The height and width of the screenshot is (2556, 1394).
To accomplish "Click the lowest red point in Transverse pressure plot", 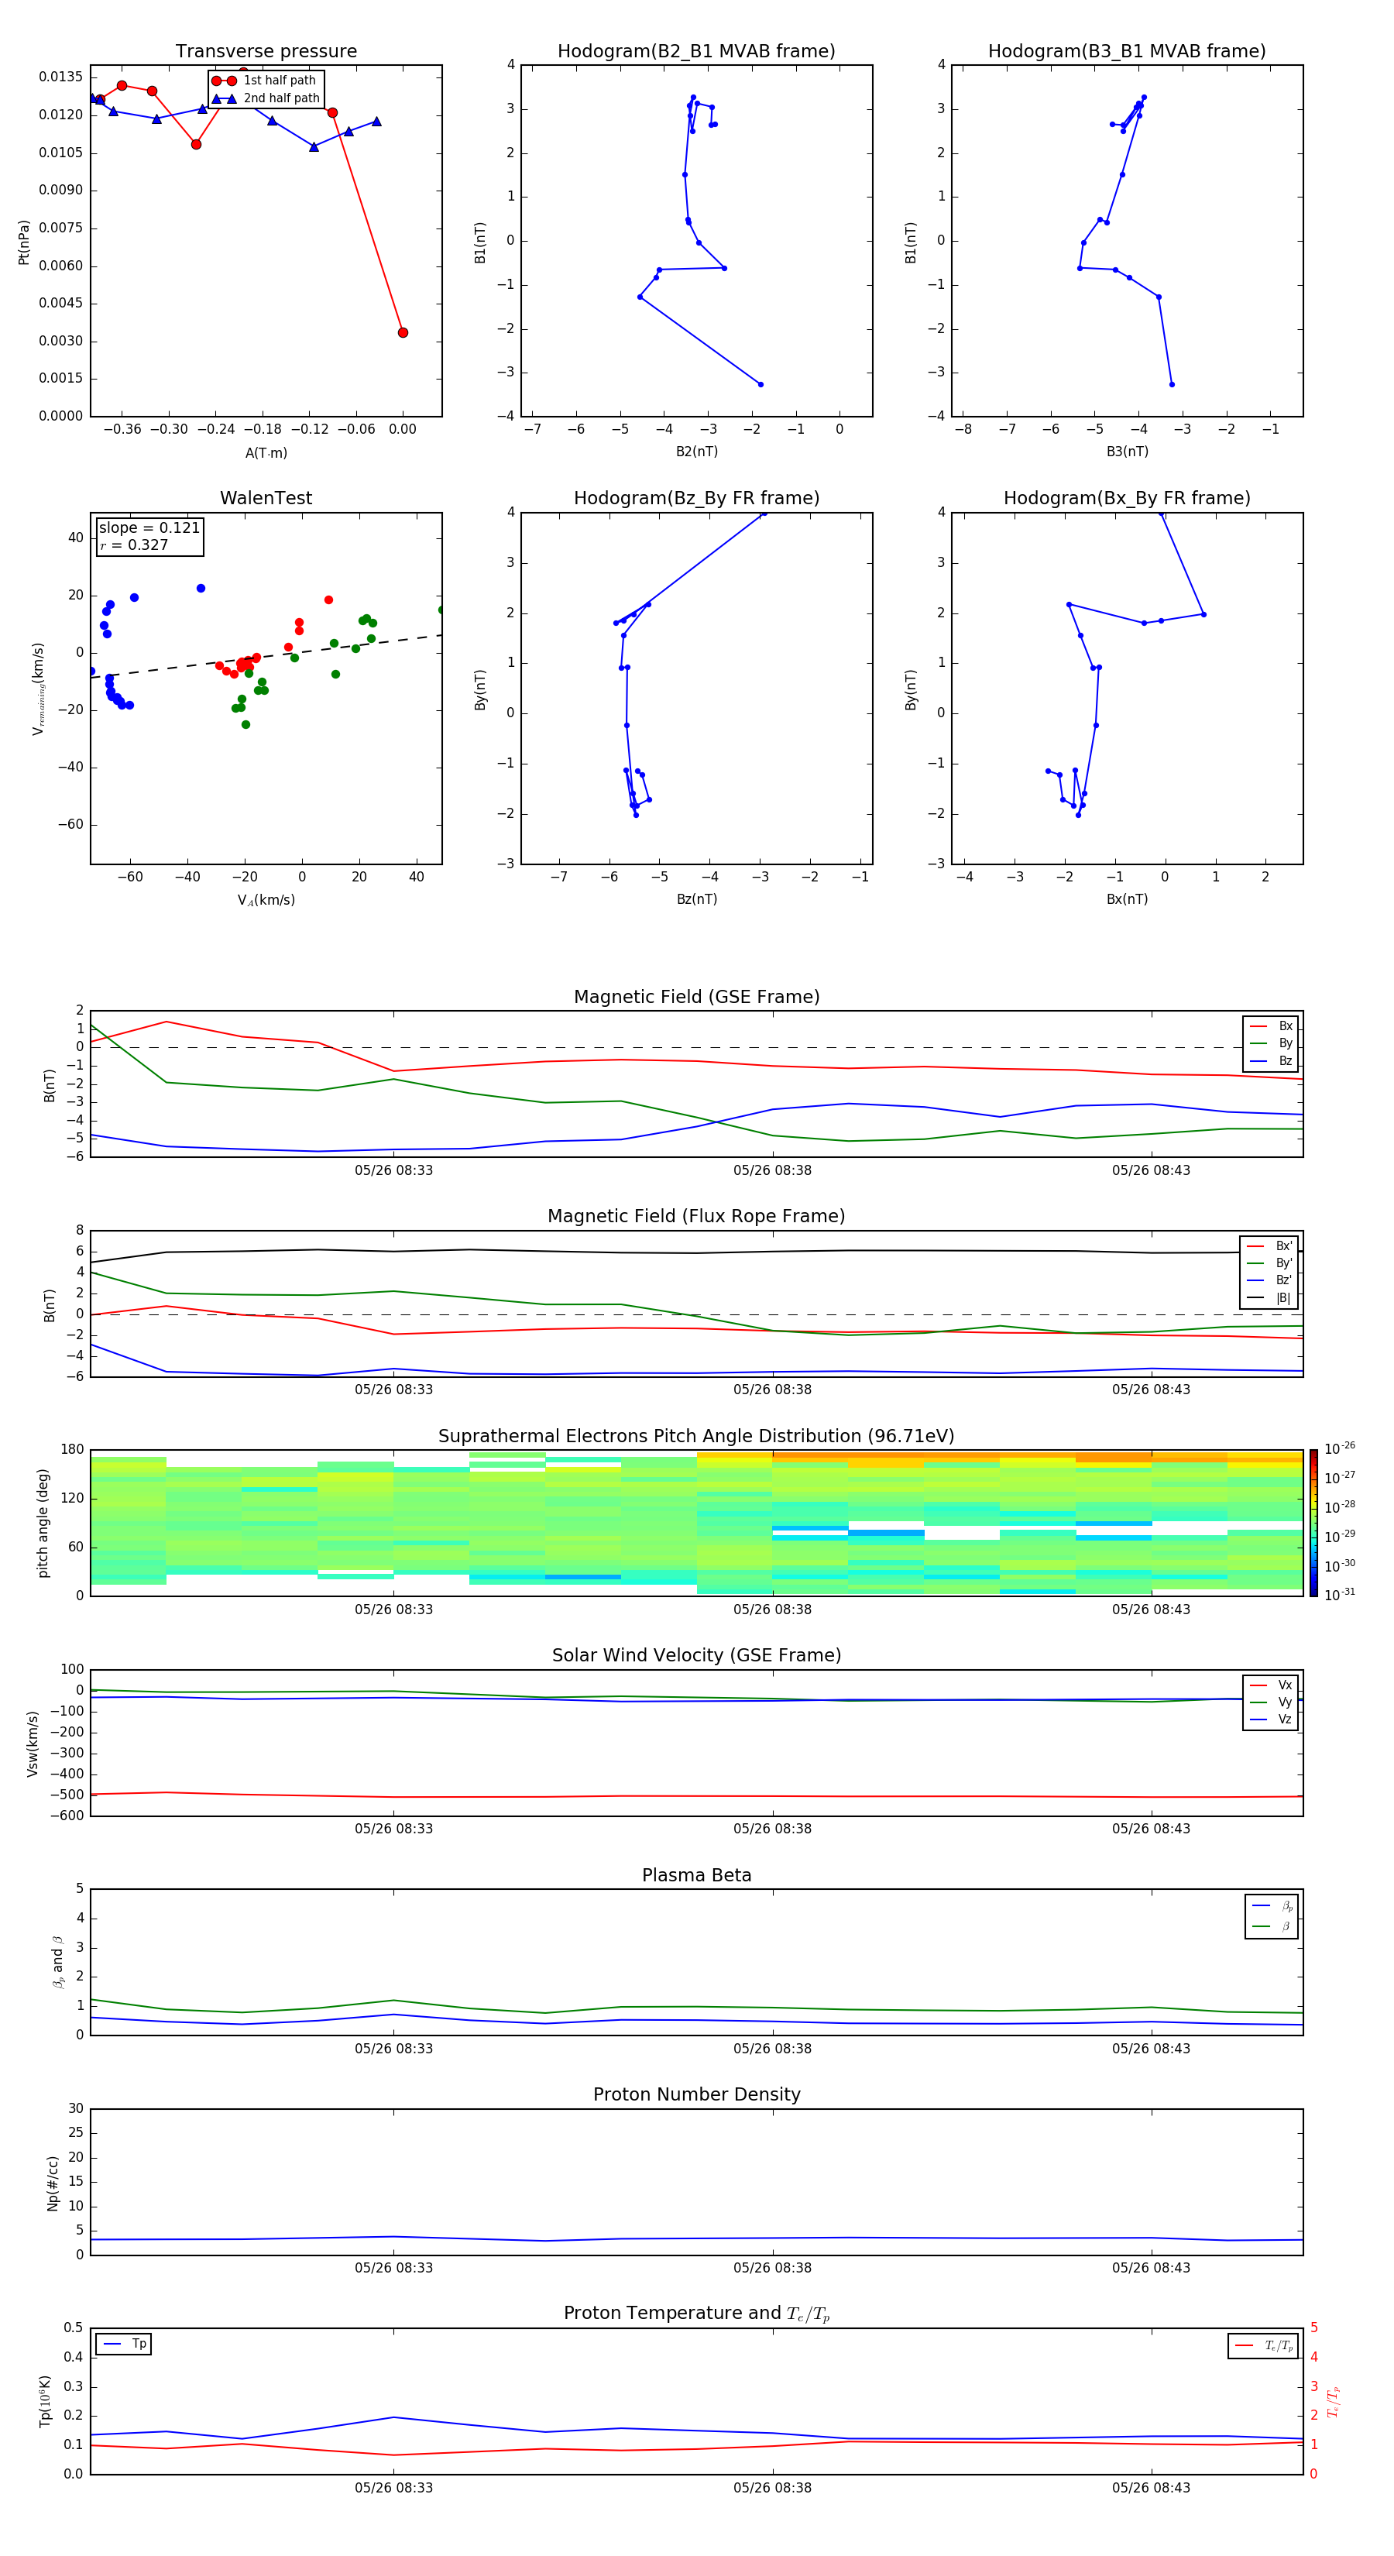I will pyautogui.click(x=403, y=332).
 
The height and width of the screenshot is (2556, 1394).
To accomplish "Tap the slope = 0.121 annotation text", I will pyautogui.click(x=149, y=528).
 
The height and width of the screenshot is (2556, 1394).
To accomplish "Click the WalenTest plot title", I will pyautogui.click(x=266, y=498).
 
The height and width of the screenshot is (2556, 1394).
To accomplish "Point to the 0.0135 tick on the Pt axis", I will pyautogui.click(x=60, y=77).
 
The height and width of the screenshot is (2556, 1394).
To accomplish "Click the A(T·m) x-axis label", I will pyautogui.click(x=266, y=453).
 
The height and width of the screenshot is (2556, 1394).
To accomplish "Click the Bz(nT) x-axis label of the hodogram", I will pyautogui.click(x=696, y=899).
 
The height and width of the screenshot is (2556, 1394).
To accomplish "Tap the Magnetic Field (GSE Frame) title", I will pyautogui.click(x=696, y=997).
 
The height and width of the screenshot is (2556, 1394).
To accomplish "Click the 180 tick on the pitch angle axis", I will pyautogui.click(x=73, y=1450).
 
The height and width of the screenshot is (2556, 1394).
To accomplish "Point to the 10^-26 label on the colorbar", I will pyautogui.click(x=1340, y=1448).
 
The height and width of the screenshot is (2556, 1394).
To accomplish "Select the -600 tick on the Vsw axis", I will pyautogui.click(x=67, y=1816).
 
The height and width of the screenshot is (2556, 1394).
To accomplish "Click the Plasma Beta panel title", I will pyautogui.click(x=696, y=1875).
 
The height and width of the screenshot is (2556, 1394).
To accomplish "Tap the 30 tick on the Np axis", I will pyautogui.click(x=75, y=2108).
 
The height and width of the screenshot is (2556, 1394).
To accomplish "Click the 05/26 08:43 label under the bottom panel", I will pyautogui.click(x=1151, y=2488).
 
